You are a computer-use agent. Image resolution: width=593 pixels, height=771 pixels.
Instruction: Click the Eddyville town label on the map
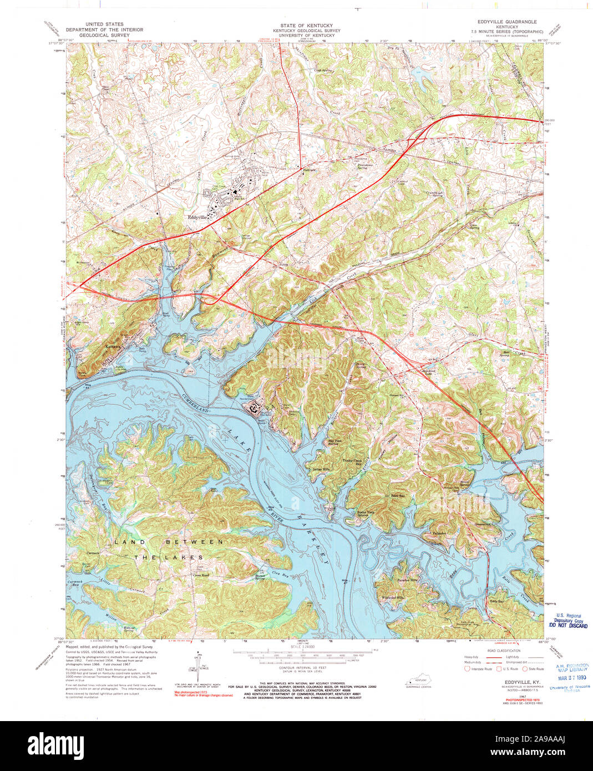coord(197,217)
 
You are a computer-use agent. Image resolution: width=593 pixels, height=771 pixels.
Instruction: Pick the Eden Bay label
coord(398,495)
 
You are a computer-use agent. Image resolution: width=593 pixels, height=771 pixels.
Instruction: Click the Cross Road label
coord(200,575)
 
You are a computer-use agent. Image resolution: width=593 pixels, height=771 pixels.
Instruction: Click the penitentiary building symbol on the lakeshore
coord(254,409)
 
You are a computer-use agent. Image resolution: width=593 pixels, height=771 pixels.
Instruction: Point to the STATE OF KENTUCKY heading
coord(306,26)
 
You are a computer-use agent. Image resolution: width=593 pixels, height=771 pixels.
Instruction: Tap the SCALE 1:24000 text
coord(302,647)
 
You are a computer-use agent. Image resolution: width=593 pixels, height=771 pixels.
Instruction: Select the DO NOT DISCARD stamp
coord(568,625)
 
